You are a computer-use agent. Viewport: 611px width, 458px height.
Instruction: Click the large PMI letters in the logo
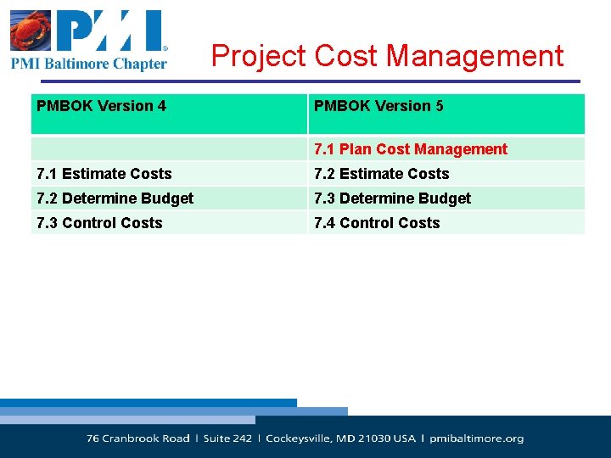[110, 31]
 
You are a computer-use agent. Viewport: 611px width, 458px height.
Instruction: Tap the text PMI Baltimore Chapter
[88, 64]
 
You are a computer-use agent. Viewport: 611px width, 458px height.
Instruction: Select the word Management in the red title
[475, 56]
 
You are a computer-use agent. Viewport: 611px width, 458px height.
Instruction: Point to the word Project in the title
[259, 56]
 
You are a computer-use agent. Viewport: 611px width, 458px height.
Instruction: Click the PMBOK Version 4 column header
[101, 106]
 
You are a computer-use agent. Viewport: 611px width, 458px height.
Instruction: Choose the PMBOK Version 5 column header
[378, 106]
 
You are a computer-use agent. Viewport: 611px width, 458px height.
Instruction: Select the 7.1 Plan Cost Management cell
[411, 149]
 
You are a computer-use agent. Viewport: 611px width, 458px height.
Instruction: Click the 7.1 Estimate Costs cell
[104, 174]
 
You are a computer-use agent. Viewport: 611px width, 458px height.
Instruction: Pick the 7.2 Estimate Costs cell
[381, 174]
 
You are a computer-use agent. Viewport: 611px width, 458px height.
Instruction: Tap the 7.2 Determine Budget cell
[115, 198]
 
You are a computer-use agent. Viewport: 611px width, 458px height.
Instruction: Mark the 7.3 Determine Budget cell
[392, 198]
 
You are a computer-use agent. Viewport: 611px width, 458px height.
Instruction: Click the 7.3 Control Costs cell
[99, 223]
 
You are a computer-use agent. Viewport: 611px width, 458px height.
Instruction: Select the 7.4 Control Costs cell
[377, 223]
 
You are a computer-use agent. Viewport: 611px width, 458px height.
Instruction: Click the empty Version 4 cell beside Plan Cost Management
[168, 149]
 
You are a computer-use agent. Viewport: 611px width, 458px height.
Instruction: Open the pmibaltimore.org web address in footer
[477, 438]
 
